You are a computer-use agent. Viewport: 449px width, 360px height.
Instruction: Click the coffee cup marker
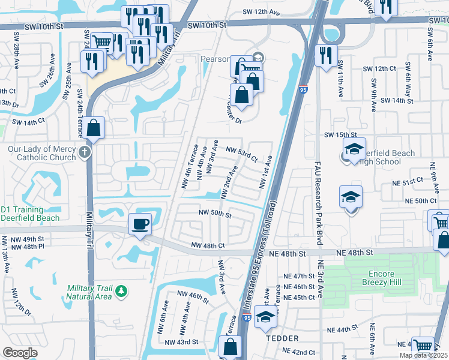(x=140, y=224)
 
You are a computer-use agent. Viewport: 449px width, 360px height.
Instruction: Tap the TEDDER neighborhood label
(x=282, y=338)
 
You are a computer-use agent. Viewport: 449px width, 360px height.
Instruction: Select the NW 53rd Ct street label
(x=241, y=154)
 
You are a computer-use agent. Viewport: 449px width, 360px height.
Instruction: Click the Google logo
(x=20, y=352)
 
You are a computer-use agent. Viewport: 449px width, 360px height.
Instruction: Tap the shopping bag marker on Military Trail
(x=95, y=128)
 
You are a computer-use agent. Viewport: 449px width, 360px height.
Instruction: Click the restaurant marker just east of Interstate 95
(x=325, y=56)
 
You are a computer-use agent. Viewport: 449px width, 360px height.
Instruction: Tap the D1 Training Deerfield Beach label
(x=30, y=213)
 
